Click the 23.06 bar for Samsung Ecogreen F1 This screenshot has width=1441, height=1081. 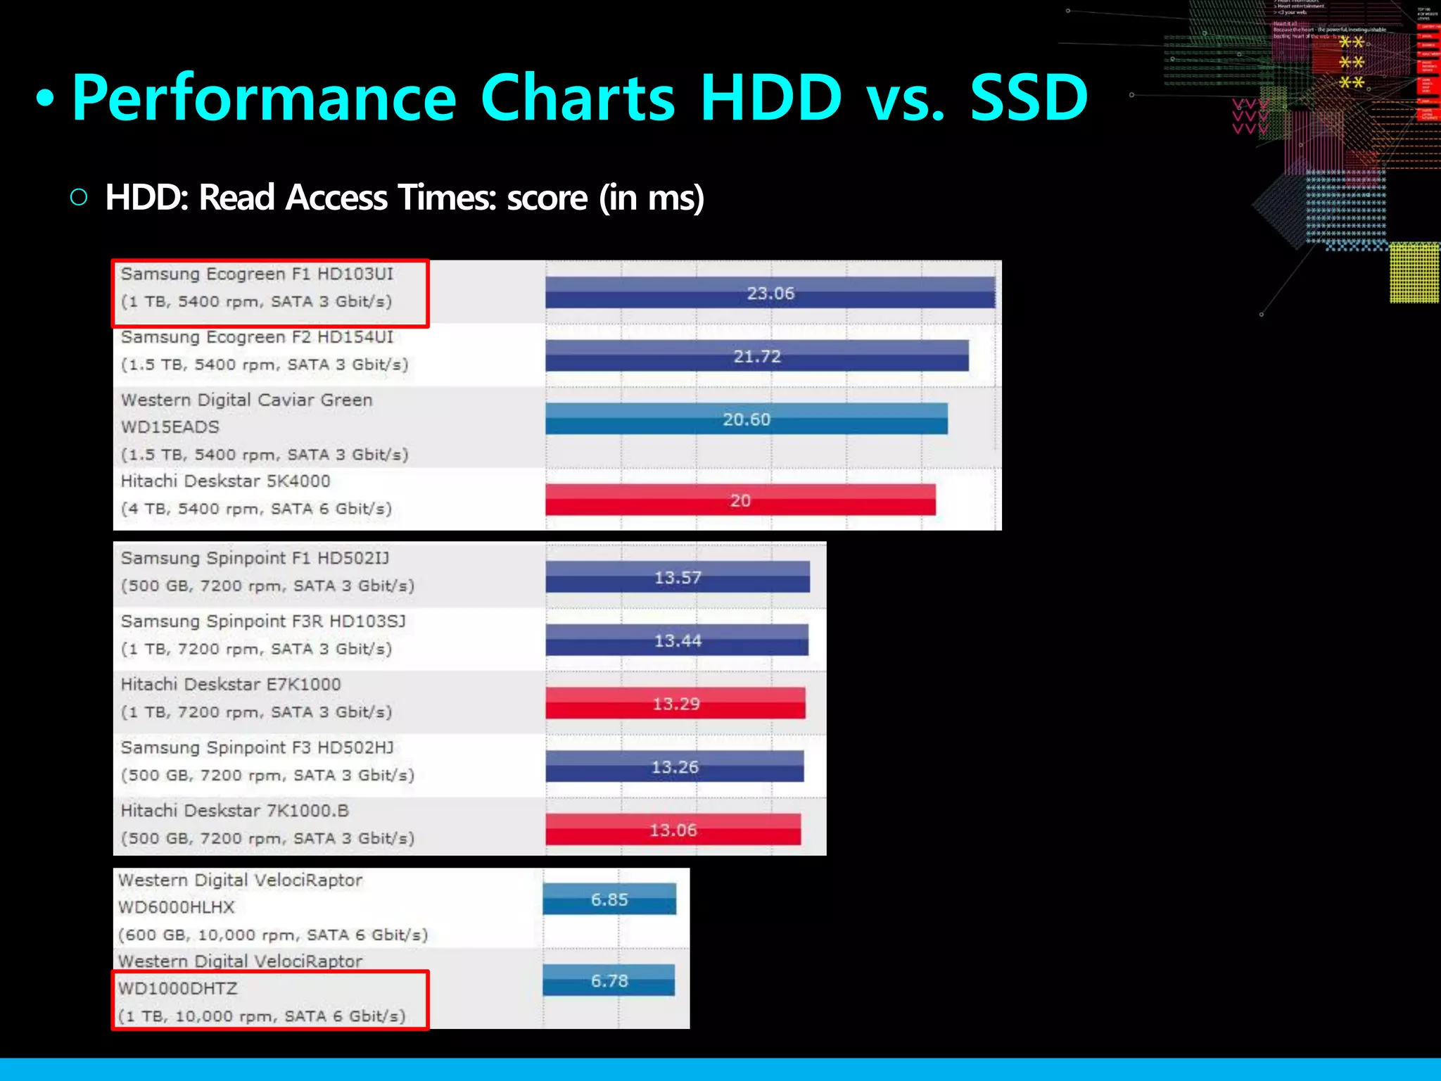pos(770,293)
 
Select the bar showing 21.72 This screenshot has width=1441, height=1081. pos(756,356)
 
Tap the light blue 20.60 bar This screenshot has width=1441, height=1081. pos(746,419)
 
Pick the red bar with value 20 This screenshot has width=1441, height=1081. pos(740,500)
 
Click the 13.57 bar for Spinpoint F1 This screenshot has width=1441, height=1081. pos(677,577)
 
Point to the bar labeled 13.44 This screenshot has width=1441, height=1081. pos(677,640)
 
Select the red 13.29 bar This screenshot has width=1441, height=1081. pos(675,703)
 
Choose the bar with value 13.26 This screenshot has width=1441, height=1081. pos(674,766)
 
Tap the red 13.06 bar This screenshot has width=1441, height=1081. pos(673,830)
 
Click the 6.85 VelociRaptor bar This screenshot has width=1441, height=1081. pos(609,899)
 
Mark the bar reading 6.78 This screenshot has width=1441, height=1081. pos(609,980)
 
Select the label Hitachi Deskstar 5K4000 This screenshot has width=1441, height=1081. pos(225,481)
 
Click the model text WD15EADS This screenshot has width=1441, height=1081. pos(170,427)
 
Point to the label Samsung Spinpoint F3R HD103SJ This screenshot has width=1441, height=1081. pos(263,621)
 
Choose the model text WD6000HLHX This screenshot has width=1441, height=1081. pos(176,907)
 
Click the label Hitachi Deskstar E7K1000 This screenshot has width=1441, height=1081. pos(231,684)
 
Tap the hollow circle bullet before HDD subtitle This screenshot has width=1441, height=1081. pos(80,197)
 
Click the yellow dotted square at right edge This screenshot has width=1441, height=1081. pos(1414,273)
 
